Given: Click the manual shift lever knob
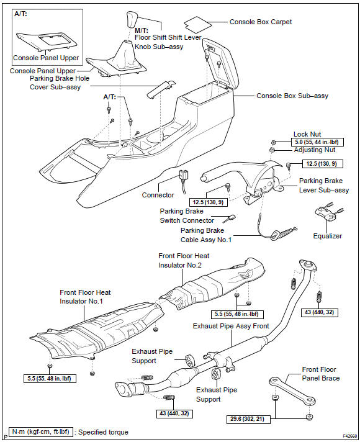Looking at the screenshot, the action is click(x=132, y=19).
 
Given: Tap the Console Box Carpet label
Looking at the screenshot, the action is click(x=261, y=22).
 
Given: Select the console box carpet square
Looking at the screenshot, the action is click(x=197, y=24).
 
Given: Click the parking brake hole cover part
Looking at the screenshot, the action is click(x=161, y=89).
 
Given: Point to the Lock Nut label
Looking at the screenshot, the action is click(x=307, y=134).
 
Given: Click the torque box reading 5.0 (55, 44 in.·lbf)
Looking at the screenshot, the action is click(x=317, y=142).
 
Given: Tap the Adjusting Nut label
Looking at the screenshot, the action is click(x=315, y=150).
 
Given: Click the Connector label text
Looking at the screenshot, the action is click(x=158, y=195).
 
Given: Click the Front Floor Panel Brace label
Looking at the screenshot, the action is click(x=321, y=374).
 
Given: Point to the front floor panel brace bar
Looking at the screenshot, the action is click(x=292, y=391).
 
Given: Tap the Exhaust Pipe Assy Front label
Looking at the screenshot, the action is click(x=231, y=326).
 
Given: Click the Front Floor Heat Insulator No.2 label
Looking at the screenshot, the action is click(x=184, y=261).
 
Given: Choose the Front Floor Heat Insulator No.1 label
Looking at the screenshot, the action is click(x=85, y=297).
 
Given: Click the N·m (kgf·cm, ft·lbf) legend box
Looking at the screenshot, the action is click(x=41, y=432).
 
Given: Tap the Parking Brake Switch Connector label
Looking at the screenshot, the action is click(x=187, y=216).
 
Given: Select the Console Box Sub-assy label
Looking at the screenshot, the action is click(x=292, y=96).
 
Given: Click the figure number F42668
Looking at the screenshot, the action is click(x=349, y=436).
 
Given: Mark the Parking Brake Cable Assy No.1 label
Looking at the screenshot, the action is click(x=206, y=235).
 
